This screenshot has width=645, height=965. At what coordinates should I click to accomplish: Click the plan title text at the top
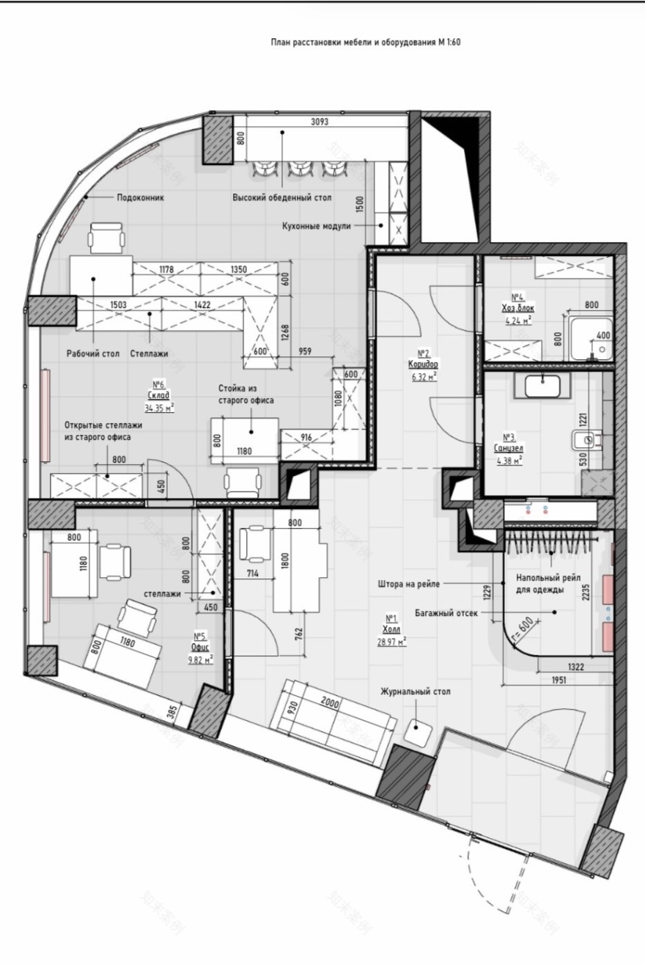366,43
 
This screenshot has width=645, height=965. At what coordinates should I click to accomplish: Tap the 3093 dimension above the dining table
320,122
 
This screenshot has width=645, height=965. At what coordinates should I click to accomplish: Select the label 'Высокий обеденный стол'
282,198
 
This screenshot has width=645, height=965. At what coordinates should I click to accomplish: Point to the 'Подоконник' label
141,198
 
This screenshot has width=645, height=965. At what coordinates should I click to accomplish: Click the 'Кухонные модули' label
317,226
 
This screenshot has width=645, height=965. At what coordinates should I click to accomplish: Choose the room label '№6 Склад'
159,390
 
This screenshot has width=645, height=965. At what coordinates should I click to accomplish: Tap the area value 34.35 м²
159,407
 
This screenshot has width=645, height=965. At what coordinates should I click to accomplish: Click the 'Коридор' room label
423,364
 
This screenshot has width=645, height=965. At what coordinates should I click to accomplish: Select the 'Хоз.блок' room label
518,308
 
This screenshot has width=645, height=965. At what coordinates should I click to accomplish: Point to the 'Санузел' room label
509,448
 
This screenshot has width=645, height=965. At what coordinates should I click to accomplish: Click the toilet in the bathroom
587,440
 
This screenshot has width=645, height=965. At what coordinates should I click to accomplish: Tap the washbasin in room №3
542,386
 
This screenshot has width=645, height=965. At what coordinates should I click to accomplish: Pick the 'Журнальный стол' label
416,691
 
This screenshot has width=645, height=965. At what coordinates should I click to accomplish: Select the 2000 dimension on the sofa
330,702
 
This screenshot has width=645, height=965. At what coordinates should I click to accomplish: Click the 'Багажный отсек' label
446,612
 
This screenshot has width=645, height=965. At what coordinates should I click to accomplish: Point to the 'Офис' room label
200,646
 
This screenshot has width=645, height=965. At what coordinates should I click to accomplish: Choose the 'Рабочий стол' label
92,353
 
